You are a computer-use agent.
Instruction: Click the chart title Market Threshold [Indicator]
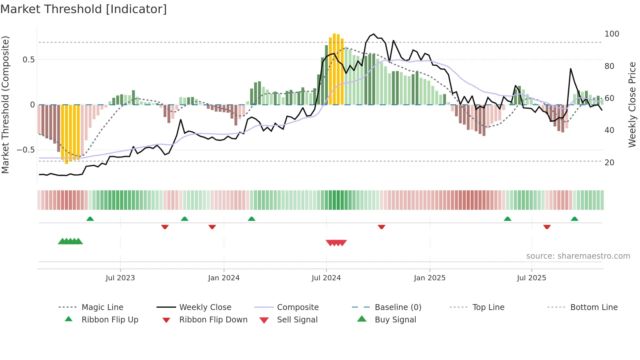point(84,9)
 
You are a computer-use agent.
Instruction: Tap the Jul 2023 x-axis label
point(120,278)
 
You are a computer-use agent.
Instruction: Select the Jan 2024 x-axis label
point(224,278)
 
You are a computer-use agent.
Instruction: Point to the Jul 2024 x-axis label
point(326,278)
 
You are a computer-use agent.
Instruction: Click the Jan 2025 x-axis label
point(429,278)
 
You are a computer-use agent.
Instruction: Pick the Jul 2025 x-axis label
point(531,278)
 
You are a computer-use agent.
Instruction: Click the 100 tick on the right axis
point(612,34)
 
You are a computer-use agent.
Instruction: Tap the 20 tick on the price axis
point(609,163)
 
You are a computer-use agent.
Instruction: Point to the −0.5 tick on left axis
point(25,150)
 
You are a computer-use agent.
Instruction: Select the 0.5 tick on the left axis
point(28,60)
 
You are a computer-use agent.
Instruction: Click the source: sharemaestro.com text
point(578,256)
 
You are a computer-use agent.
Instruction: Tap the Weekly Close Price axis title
point(632,105)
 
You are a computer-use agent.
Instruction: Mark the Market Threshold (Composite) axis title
point(5,105)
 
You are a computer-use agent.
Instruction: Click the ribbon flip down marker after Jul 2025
point(547,227)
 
